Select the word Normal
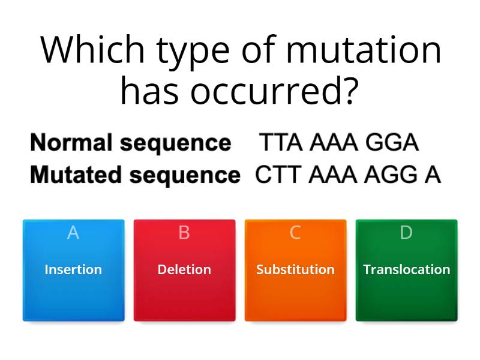point(71,143)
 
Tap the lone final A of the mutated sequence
point(433,175)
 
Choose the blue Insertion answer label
point(73,269)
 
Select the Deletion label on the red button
point(184,269)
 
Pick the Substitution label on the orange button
point(295,269)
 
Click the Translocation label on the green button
point(406,269)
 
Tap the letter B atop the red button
point(184,233)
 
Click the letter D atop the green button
point(406,233)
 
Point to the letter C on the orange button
point(295,233)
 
